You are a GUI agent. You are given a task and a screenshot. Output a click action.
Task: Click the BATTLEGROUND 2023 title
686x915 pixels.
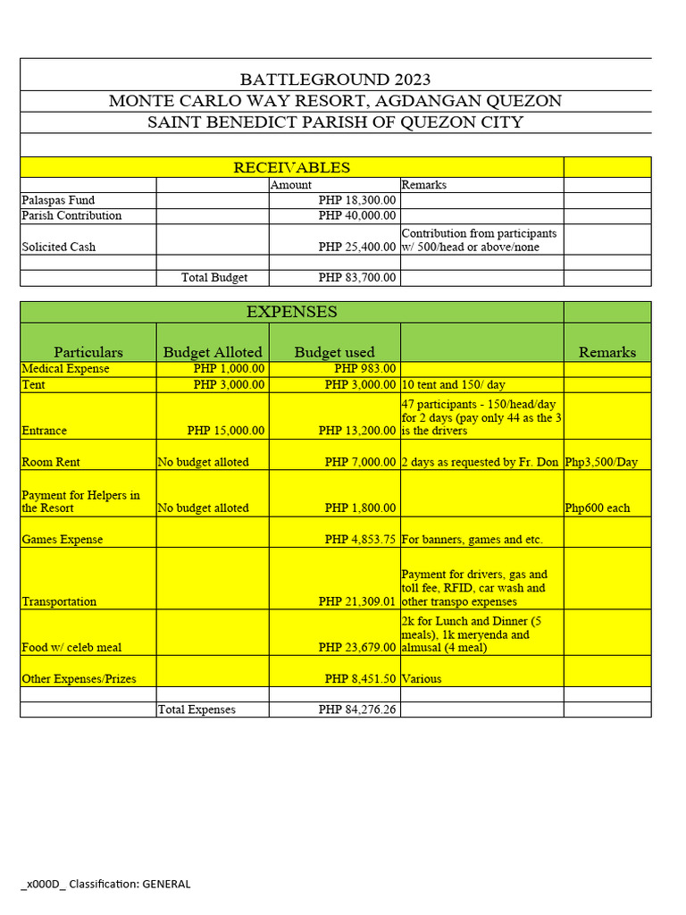click(x=335, y=80)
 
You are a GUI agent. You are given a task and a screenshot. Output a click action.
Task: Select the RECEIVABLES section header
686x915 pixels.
click(x=291, y=167)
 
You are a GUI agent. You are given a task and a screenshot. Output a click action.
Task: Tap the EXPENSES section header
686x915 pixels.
click(x=291, y=312)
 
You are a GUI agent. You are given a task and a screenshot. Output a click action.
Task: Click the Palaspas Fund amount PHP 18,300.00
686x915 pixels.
click(x=356, y=201)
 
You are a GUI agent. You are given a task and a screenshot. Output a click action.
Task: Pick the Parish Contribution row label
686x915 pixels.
click(x=71, y=216)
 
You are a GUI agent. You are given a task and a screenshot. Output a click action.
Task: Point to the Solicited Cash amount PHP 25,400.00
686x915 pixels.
click(x=356, y=247)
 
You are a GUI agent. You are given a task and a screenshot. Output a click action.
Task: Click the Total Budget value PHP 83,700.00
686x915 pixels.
click(x=356, y=278)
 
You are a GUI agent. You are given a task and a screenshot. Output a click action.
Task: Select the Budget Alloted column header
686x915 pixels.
click(x=213, y=352)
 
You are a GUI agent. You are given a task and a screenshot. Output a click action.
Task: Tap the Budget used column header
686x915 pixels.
click(x=334, y=352)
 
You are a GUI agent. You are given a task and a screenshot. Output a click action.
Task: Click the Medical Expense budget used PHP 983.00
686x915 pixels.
click(x=364, y=369)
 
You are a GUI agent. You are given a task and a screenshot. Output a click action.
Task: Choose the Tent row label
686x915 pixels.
click(x=33, y=385)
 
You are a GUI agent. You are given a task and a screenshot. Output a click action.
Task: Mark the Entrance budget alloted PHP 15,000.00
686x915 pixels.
click(x=225, y=431)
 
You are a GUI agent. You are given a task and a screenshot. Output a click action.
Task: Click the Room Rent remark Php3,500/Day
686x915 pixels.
click(x=607, y=463)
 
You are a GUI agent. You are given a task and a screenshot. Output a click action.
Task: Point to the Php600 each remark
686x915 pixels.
click(x=597, y=508)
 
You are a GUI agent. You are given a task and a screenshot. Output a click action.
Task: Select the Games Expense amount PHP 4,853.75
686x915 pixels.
click(x=360, y=540)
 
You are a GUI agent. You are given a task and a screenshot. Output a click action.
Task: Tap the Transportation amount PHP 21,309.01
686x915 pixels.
click(x=356, y=602)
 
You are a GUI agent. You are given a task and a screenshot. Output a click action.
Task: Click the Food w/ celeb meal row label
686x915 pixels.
click(x=71, y=648)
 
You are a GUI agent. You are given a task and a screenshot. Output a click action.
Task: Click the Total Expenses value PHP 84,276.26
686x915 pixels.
click(x=356, y=710)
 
